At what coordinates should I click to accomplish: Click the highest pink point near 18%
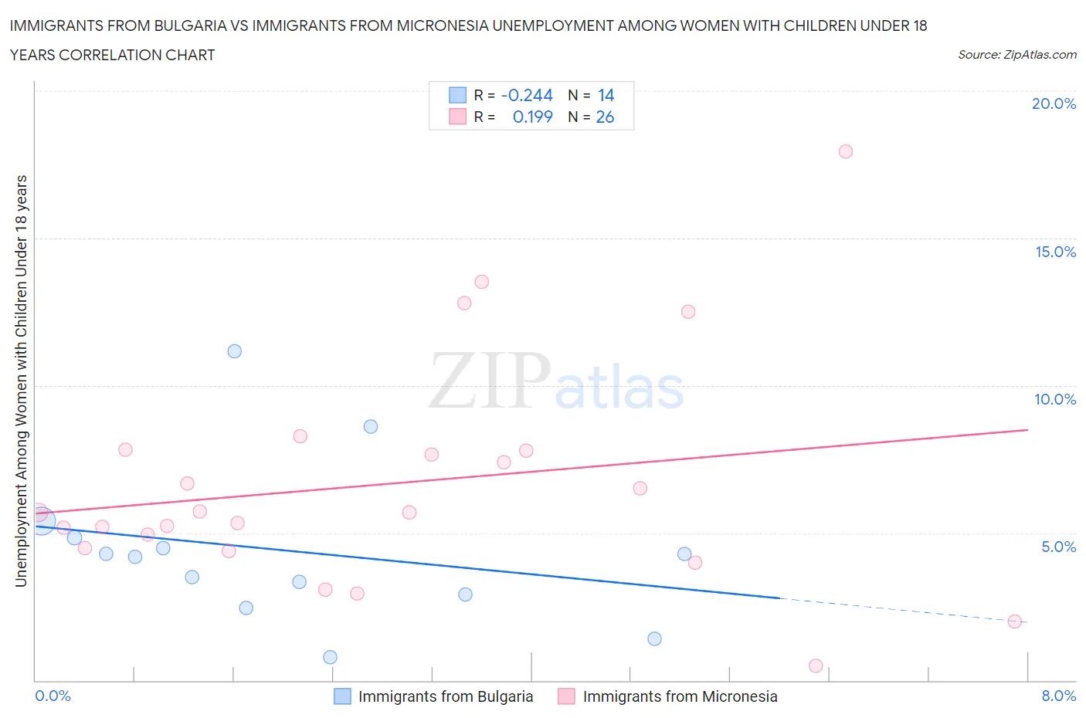click(845, 151)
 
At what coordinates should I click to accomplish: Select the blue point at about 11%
click(235, 351)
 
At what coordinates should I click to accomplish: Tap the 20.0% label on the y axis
click(1054, 103)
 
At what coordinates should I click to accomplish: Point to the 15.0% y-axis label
click(1055, 252)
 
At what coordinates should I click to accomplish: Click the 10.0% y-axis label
click(1055, 399)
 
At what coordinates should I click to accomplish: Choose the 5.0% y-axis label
click(1058, 547)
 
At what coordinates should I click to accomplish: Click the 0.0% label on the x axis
click(53, 696)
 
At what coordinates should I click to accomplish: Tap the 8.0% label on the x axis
click(1058, 696)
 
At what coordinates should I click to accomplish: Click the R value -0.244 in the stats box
click(527, 95)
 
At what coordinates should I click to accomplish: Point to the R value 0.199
click(532, 117)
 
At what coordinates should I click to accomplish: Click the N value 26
click(605, 117)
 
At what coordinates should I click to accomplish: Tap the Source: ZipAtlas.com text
click(1016, 54)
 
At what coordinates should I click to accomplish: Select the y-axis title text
click(21, 381)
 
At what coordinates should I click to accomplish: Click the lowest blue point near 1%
click(330, 657)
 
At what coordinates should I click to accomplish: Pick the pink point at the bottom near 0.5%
click(816, 666)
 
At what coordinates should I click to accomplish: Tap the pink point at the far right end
click(1015, 621)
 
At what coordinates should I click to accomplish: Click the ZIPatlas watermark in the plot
click(556, 382)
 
